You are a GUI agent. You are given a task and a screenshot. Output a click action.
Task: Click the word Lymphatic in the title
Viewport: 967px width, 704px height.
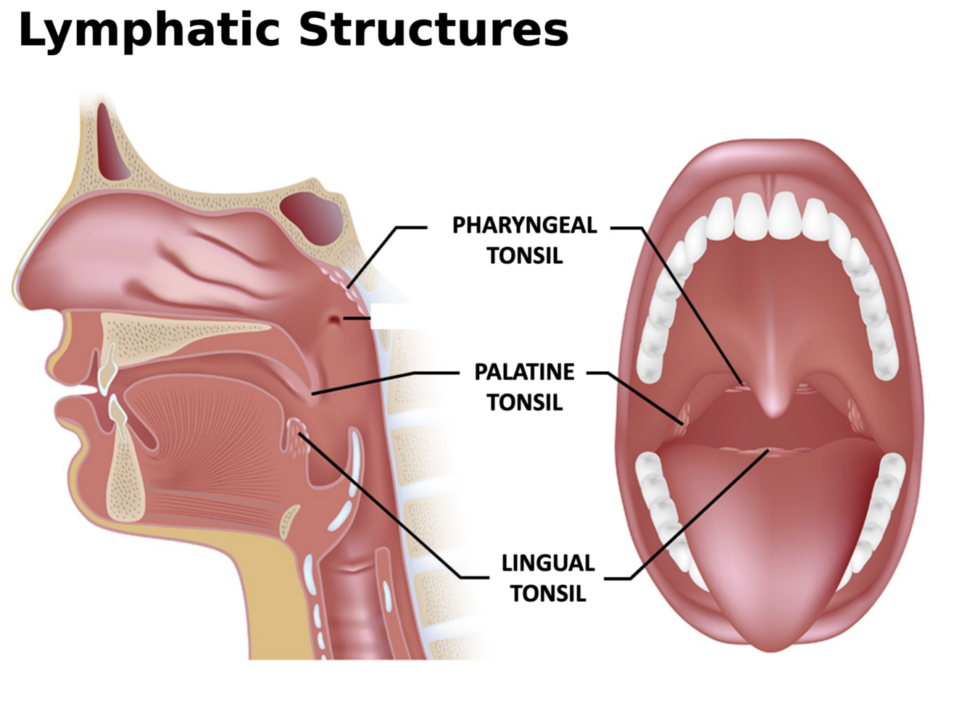click(x=149, y=30)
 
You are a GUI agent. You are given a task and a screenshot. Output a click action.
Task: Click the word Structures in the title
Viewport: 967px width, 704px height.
click(x=433, y=30)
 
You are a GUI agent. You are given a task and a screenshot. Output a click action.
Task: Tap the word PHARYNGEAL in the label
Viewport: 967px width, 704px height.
click(x=524, y=225)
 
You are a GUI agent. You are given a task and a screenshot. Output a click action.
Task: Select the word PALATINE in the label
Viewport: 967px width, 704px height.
click(x=524, y=372)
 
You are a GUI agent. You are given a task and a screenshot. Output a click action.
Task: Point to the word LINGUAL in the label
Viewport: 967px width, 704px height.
click(x=547, y=563)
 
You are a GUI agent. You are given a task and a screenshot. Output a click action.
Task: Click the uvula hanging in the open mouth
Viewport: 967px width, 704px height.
click(x=773, y=402)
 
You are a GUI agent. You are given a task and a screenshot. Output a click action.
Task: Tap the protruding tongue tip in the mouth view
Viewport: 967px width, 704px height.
click(x=773, y=624)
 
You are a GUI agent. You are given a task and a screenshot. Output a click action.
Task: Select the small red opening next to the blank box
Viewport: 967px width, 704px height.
click(x=334, y=318)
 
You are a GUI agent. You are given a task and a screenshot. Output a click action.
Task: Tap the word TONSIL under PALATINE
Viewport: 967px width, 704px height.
click(x=524, y=402)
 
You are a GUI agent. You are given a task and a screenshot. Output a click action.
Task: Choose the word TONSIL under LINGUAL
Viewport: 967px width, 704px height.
click(x=547, y=593)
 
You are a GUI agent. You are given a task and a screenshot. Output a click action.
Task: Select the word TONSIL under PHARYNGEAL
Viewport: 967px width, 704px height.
click(x=524, y=256)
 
